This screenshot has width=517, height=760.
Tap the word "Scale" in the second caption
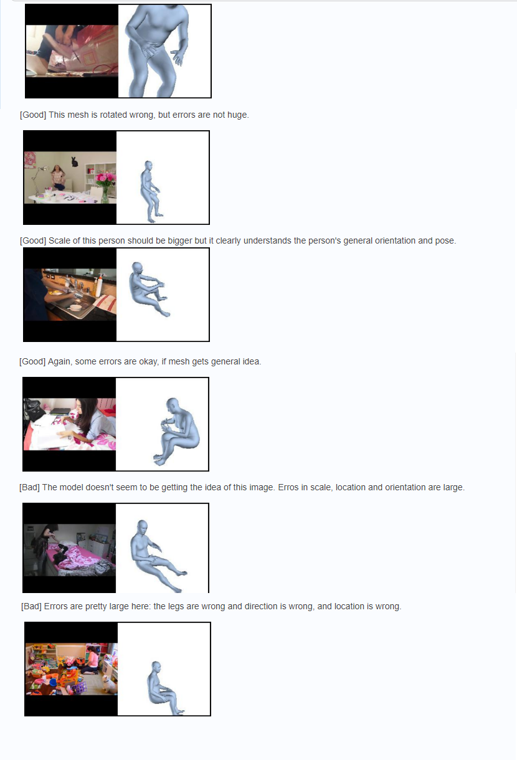(59, 241)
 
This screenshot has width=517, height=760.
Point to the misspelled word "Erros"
(288, 488)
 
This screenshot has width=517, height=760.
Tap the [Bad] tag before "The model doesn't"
(29, 488)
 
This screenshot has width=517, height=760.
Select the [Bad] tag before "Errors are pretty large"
(31, 606)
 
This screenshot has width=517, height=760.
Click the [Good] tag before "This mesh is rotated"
(33, 115)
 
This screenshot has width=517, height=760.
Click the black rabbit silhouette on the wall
(74, 161)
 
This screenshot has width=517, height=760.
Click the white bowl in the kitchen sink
(75, 307)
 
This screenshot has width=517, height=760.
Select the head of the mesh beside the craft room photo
(148, 166)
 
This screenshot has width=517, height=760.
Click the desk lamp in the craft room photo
(40, 180)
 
